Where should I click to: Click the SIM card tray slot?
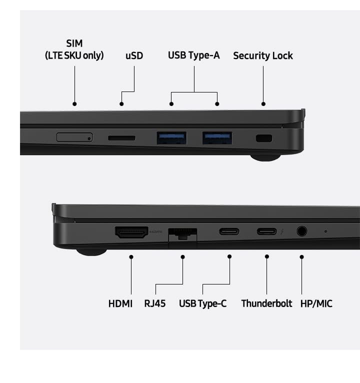74,137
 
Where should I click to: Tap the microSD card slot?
121,138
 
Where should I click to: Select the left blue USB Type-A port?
171,138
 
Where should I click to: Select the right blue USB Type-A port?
217,138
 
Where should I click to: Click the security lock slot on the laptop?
264,138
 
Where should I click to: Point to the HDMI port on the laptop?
131,232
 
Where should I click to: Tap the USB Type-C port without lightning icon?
229,231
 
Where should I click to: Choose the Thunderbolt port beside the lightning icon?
266,231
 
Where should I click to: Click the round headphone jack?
302,231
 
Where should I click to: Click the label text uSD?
134,55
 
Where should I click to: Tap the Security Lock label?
263,55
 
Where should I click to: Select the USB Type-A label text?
194,55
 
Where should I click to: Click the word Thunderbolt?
266,303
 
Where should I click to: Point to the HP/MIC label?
316,303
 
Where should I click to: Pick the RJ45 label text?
155,303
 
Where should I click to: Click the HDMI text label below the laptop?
120,304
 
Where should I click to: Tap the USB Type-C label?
202,303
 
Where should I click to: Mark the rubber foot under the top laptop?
265,157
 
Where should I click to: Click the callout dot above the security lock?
263,104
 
